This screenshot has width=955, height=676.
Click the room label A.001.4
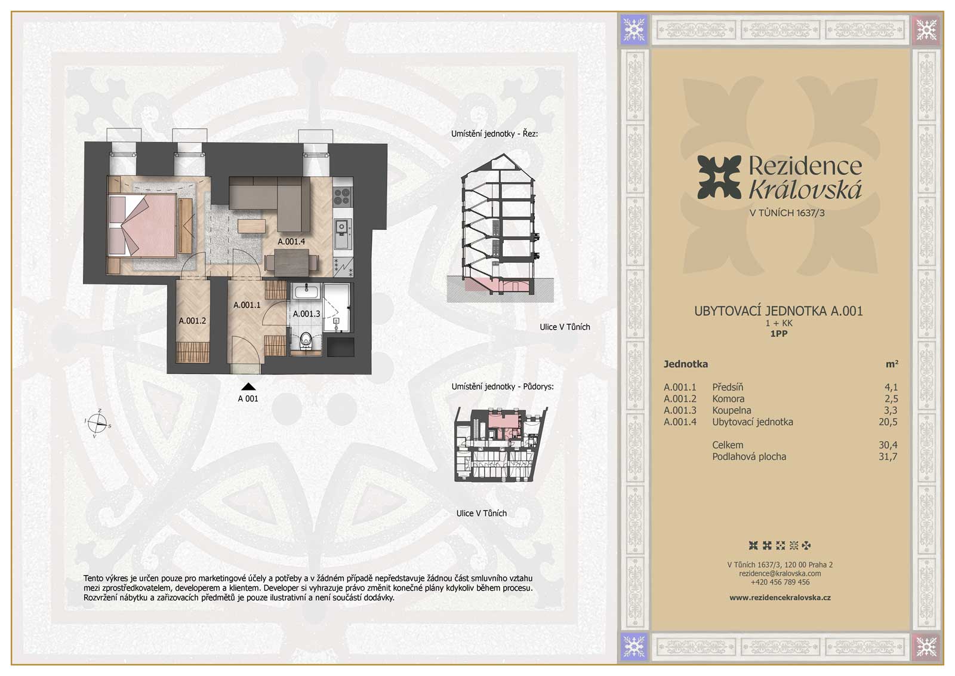pyautogui.click(x=291, y=241)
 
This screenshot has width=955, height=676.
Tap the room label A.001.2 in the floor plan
pyautogui.click(x=192, y=321)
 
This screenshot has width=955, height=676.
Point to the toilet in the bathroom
pyautogui.click(x=305, y=341)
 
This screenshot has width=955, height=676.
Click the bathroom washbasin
pyautogui.click(x=307, y=292)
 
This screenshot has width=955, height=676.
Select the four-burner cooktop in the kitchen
pyautogui.click(x=343, y=197)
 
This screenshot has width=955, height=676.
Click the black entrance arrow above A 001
pyautogui.click(x=248, y=387)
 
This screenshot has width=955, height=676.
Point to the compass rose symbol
pyautogui.click(x=98, y=423)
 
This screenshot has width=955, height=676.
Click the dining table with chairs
pyautogui.click(x=292, y=262)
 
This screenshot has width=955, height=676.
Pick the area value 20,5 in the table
pyautogui.click(x=888, y=422)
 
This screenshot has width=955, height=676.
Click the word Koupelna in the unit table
pyautogui.click(x=732, y=410)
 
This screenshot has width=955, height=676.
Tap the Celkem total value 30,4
pyautogui.click(x=888, y=445)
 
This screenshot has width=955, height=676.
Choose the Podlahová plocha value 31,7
pyautogui.click(x=888, y=456)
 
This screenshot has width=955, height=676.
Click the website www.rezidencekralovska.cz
pyautogui.click(x=780, y=598)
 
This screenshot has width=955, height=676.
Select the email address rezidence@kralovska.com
pyautogui.click(x=780, y=574)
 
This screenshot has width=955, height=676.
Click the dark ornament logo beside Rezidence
pyautogui.click(x=719, y=177)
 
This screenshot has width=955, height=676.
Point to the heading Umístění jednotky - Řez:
pyautogui.click(x=495, y=134)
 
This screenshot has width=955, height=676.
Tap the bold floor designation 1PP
pyautogui.click(x=778, y=334)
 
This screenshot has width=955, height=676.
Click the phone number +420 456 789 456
pyautogui.click(x=780, y=582)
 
